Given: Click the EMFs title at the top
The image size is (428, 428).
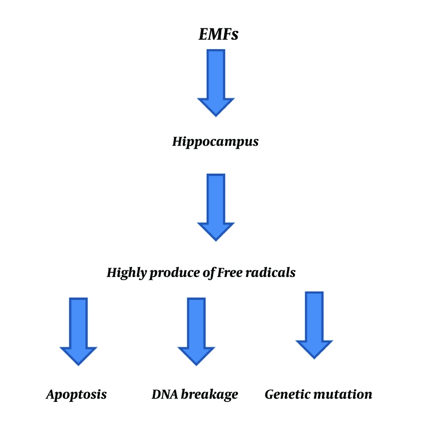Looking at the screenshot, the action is pyautogui.click(x=218, y=34).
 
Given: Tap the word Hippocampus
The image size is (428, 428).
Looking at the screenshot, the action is pyautogui.click(x=215, y=142).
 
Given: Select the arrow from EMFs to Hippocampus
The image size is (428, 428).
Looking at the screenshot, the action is pyautogui.click(x=216, y=83).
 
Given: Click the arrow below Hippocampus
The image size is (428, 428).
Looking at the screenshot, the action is pyautogui.click(x=216, y=207).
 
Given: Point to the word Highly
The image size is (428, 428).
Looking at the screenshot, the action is pyautogui.click(x=127, y=273).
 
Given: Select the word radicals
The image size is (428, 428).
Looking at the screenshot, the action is pyautogui.click(x=270, y=272).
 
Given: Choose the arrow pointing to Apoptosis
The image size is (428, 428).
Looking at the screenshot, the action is pyautogui.click(x=78, y=332).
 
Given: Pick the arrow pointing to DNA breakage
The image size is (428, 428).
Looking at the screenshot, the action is pyautogui.click(x=196, y=332).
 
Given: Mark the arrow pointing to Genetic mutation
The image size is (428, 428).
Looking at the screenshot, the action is pyautogui.click(x=314, y=325).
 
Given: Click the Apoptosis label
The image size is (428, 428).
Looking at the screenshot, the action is pyautogui.click(x=76, y=395).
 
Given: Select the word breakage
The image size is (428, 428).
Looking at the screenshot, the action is pyautogui.click(x=209, y=395).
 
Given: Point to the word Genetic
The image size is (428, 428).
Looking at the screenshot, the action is pyautogui.click(x=287, y=394).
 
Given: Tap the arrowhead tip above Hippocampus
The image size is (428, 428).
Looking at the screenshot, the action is pyautogui.click(x=216, y=117).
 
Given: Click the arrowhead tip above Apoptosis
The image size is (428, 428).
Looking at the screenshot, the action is pyautogui.click(x=78, y=366).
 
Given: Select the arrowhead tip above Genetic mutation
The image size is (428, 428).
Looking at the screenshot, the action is pyautogui.click(x=314, y=359).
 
